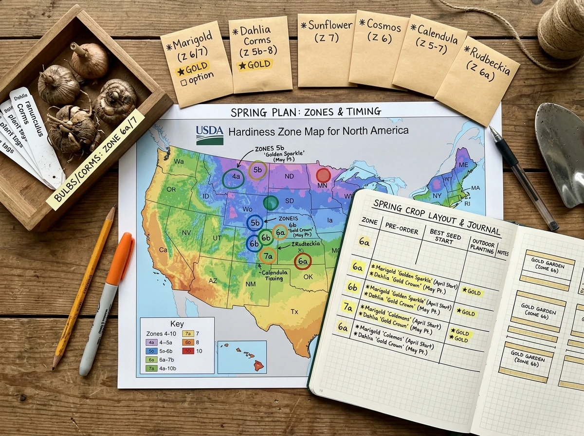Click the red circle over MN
click(x=323, y=175)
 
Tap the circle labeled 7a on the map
click(x=268, y=255)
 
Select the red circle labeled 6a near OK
click(x=303, y=262)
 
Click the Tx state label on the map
click(x=294, y=311)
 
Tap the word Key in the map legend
click(x=177, y=325)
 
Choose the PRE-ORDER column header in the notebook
click(x=401, y=229)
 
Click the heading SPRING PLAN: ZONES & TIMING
click(x=306, y=111)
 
